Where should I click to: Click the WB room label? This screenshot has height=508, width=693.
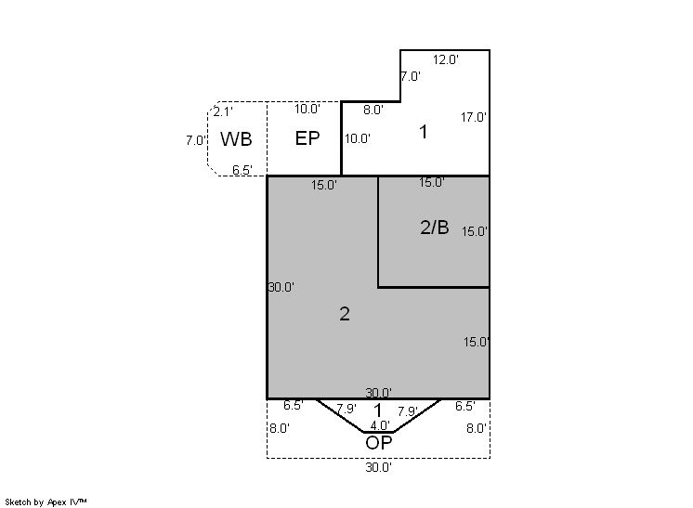pyautogui.click(x=236, y=139)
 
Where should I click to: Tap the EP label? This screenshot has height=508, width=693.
pyautogui.click(x=307, y=138)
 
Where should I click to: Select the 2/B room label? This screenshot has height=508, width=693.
pyautogui.click(x=435, y=227)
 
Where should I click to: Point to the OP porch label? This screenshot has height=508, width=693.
pyautogui.click(x=379, y=442)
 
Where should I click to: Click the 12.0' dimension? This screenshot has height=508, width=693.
pyautogui.click(x=446, y=59)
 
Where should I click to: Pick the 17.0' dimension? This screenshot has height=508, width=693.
pyautogui.click(x=474, y=117)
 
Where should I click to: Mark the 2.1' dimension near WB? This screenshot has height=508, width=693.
pyautogui.click(x=223, y=111)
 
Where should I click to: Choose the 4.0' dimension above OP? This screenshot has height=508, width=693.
pyautogui.click(x=380, y=425)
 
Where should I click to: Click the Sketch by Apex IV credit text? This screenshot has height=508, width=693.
pyautogui.click(x=46, y=502)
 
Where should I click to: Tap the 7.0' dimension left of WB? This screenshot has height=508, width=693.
pyautogui.click(x=196, y=140)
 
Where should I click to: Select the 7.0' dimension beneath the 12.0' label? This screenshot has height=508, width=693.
pyautogui.click(x=411, y=76)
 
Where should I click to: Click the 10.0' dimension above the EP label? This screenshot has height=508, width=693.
pyautogui.click(x=307, y=109)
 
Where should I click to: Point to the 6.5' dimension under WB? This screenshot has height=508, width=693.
pyautogui.click(x=242, y=170)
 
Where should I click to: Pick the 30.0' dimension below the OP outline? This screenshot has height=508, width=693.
pyautogui.click(x=379, y=467)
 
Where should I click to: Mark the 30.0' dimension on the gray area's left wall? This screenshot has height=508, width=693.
pyautogui.click(x=281, y=287)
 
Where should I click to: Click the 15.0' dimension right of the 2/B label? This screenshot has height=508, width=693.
pyautogui.click(x=475, y=231)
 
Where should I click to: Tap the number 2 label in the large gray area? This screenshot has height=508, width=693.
pyautogui.click(x=345, y=314)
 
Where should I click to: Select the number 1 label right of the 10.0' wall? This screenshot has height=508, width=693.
pyautogui.click(x=424, y=132)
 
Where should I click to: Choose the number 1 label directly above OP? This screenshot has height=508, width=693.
pyautogui.click(x=377, y=410)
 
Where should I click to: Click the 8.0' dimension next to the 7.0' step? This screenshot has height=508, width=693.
pyautogui.click(x=373, y=110)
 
